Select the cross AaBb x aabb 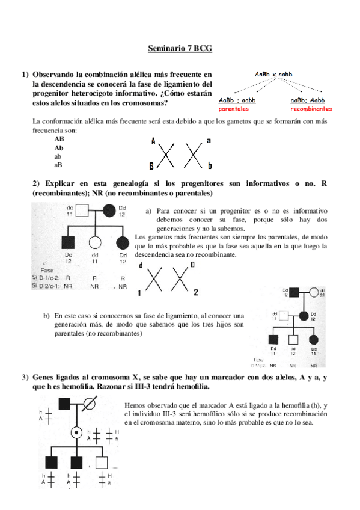coord(273,74)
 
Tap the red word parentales coord(233,109)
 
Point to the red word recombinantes coord(311,109)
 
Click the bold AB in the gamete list coord(59,138)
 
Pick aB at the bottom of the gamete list coord(58,164)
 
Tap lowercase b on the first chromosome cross coord(209,164)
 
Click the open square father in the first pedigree coord(84,210)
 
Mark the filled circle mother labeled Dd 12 coord(110,210)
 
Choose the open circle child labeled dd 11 coord(94,243)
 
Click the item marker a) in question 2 coord(148,212)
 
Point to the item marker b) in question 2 coord(46,315)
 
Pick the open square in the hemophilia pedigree coord(102,462)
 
